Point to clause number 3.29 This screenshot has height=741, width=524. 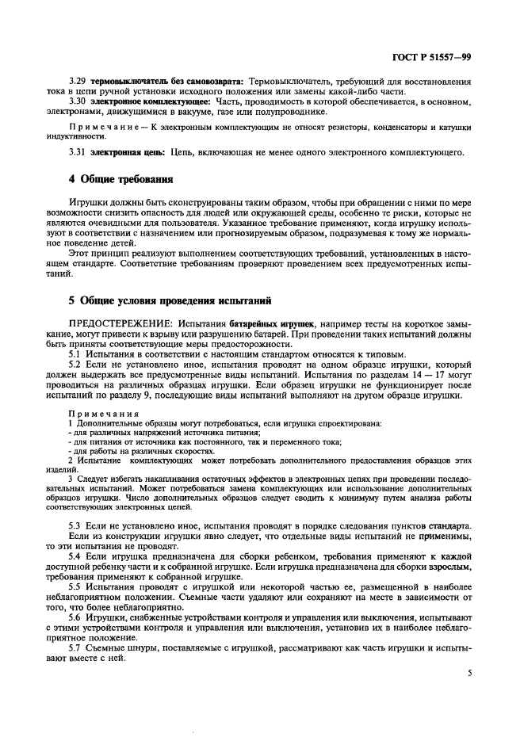point(79,82)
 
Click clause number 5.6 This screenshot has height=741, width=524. point(77,618)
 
